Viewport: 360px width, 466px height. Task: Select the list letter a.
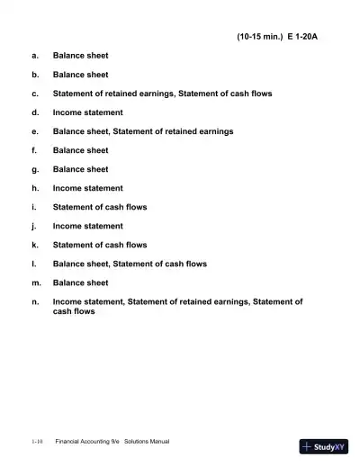point(34,56)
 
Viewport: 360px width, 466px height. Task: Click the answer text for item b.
point(81,75)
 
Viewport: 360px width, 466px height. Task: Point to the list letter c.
point(34,94)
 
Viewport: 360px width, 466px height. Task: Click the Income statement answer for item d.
point(88,112)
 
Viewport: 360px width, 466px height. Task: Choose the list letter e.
point(34,131)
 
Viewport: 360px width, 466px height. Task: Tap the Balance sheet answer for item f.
point(81,150)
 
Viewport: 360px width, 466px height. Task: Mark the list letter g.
point(34,169)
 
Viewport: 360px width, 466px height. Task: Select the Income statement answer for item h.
point(88,188)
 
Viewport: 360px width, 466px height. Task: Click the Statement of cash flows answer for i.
point(100,207)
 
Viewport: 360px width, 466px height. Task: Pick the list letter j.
point(34,226)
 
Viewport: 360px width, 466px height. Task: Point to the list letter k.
point(34,245)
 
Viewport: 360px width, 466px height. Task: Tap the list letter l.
point(34,264)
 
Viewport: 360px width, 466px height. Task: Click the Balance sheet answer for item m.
point(81,282)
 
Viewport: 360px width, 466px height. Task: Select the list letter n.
point(34,301)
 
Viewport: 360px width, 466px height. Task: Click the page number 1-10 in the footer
point(37,443)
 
